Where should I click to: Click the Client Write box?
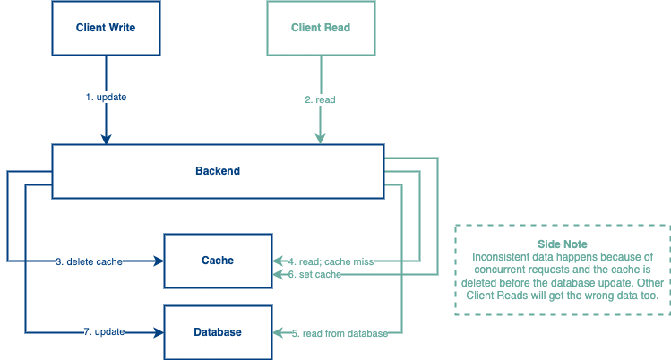click(x=106, y=28)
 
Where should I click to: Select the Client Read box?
click(x=320, y=28)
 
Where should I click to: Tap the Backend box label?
click(x=218, y=171)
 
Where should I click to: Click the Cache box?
click(x=217, y=261)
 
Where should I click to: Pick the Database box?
click(x=217, y=332)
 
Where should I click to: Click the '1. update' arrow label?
click(x=106, y=97)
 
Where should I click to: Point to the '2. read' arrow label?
click(x=320, y=99)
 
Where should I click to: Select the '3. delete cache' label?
click(x=89, y=261)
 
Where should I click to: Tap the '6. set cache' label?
click(x=315, y=274)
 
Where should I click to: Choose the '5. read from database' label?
click(x=340, y=333)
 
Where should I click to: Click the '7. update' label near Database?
click(x=103, y=332)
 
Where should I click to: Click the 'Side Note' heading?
click(x=563, y=244)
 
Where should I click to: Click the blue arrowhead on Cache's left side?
click(x=159, y=261)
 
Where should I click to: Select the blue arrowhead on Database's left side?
click(x=159, y=332)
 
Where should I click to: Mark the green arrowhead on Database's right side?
click(x=276, y=333)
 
